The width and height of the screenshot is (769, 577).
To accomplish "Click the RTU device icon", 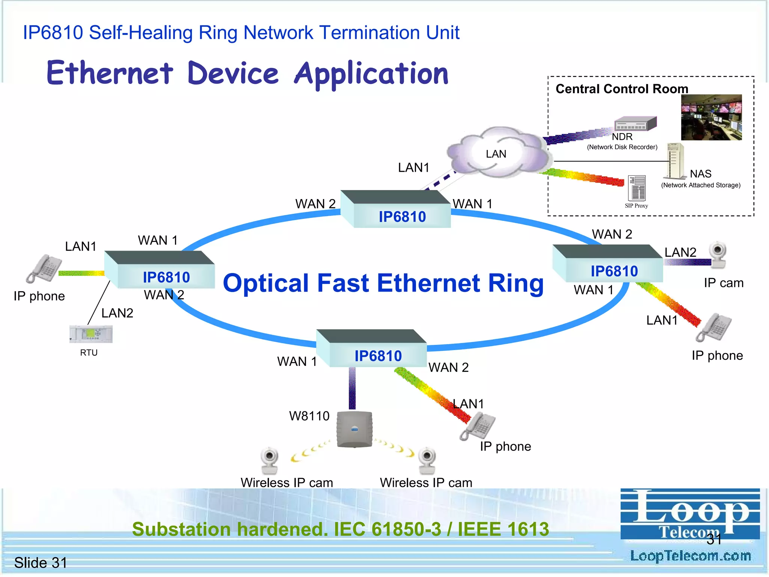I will pyautogui.click(x=91, y=334).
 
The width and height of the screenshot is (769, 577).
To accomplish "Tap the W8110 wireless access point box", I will pyautogui.click(x=354, y=429).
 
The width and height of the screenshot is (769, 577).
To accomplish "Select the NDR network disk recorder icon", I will pyautogui.click(x=635, y=124).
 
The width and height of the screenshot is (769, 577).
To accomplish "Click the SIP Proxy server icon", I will pyautogui.click(x=637, y=188).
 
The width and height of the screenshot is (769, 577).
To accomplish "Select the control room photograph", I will pyautogui.click(x=711, y=117).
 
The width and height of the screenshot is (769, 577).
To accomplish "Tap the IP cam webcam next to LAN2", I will pyautogui.click(x=718, y=254).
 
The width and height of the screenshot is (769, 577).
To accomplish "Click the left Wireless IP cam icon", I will pyautogui.click(x=269, y=461).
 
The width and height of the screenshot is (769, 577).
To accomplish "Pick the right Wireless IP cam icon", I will pyautogui.click(x=427, y=461).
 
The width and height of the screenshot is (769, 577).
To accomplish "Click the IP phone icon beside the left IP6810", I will pyautogui.click(x=44, y=268).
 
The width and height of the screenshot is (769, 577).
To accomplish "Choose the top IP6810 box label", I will pyautogui.click(x=402, y=217).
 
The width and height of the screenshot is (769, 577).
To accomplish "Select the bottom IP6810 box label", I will pyautogui.click(x=378, y=356).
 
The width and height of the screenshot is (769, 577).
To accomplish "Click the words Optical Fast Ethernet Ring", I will pyautogui.click(x=383, y=283).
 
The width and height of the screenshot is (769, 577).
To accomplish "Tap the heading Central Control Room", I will pyautogui.click(x=621, y=89).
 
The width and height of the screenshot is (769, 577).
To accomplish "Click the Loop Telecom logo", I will pyautogui.click(x=690, y=514).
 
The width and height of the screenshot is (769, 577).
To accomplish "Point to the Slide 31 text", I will pyautogui.click(x=41, y=562).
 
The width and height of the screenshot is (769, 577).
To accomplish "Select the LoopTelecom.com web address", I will pyautogui.click(x=690, y=556).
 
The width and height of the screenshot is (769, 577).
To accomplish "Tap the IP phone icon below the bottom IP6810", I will pyautogui.click(x=478, y=426).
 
